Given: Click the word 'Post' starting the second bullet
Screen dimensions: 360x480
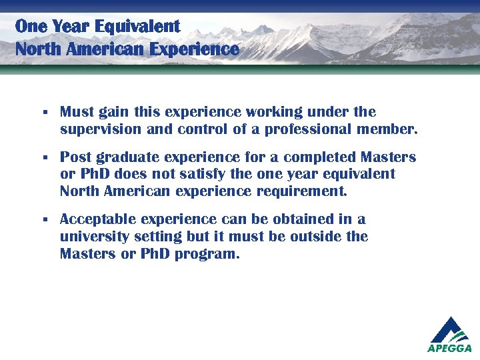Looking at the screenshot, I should pyautogui.click(x=75, y=157).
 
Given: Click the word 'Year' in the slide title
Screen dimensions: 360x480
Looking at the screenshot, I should pyautogui.click(x=69, y=27).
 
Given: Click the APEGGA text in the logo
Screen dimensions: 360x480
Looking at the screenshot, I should pyautogui.click(x=449, y=348).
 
